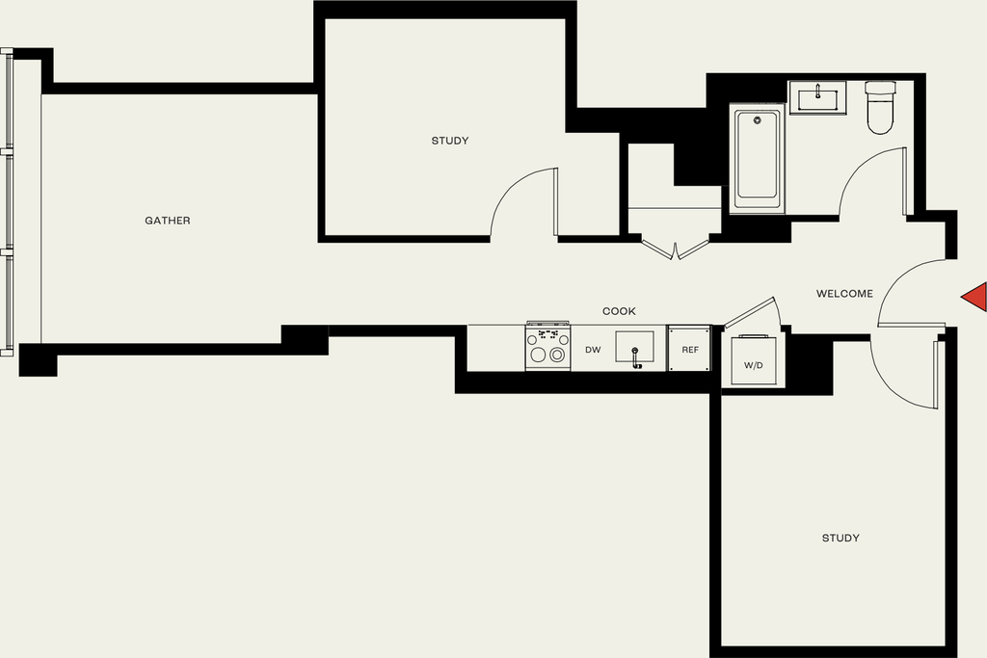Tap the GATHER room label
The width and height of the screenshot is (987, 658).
click(x=168, y=221)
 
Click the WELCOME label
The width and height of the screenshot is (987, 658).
click(x=844, y=294)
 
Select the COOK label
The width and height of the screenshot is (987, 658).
click(x=619, y=311)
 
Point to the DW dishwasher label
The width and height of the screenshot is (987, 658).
click(x=593, y=350)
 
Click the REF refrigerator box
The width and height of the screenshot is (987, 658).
click(x=690, y=349)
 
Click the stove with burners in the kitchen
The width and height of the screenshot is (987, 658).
click(x=548, y=347)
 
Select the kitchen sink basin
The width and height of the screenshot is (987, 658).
click(x=634, y=347)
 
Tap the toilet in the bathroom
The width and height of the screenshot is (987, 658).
click(x=880, y=108)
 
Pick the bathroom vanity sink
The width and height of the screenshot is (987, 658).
click(x=817, y=98)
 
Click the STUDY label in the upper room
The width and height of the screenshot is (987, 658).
click(x=450, y=141)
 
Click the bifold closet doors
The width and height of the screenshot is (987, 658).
click(x=676, y=250)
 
